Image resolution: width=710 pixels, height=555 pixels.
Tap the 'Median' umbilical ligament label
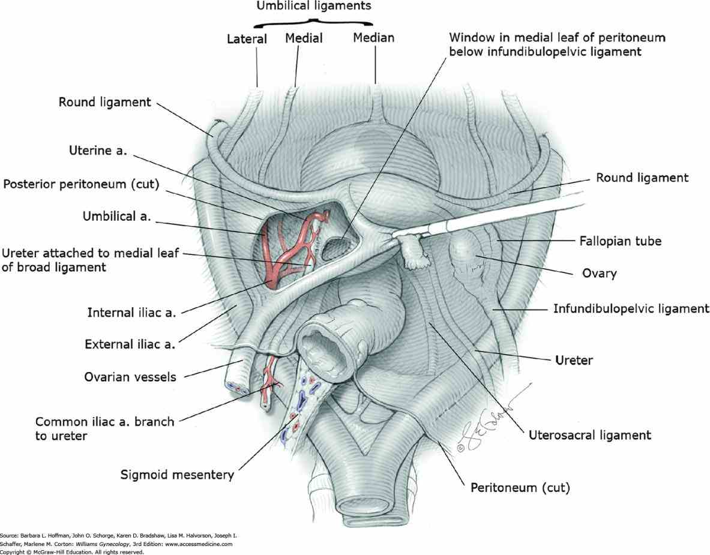[x=373, y=38]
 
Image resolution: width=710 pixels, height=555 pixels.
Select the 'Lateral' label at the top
[x=246, y=40]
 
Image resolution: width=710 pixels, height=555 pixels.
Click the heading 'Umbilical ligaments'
[x=314, y=6]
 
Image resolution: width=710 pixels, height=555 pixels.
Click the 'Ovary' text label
[x=600, y=273]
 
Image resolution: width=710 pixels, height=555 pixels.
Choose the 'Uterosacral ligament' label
[x=589, y=434]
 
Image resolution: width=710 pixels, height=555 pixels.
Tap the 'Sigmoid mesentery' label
[x=176, y=475]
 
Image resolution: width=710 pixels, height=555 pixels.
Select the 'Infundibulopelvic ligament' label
[x=631, y=309]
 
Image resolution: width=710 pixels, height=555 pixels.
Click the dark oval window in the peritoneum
[x=338, y=248]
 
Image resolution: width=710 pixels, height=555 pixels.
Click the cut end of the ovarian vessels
[x=235, y=386]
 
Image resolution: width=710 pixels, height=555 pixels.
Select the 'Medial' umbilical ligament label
[x=304, y=38]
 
